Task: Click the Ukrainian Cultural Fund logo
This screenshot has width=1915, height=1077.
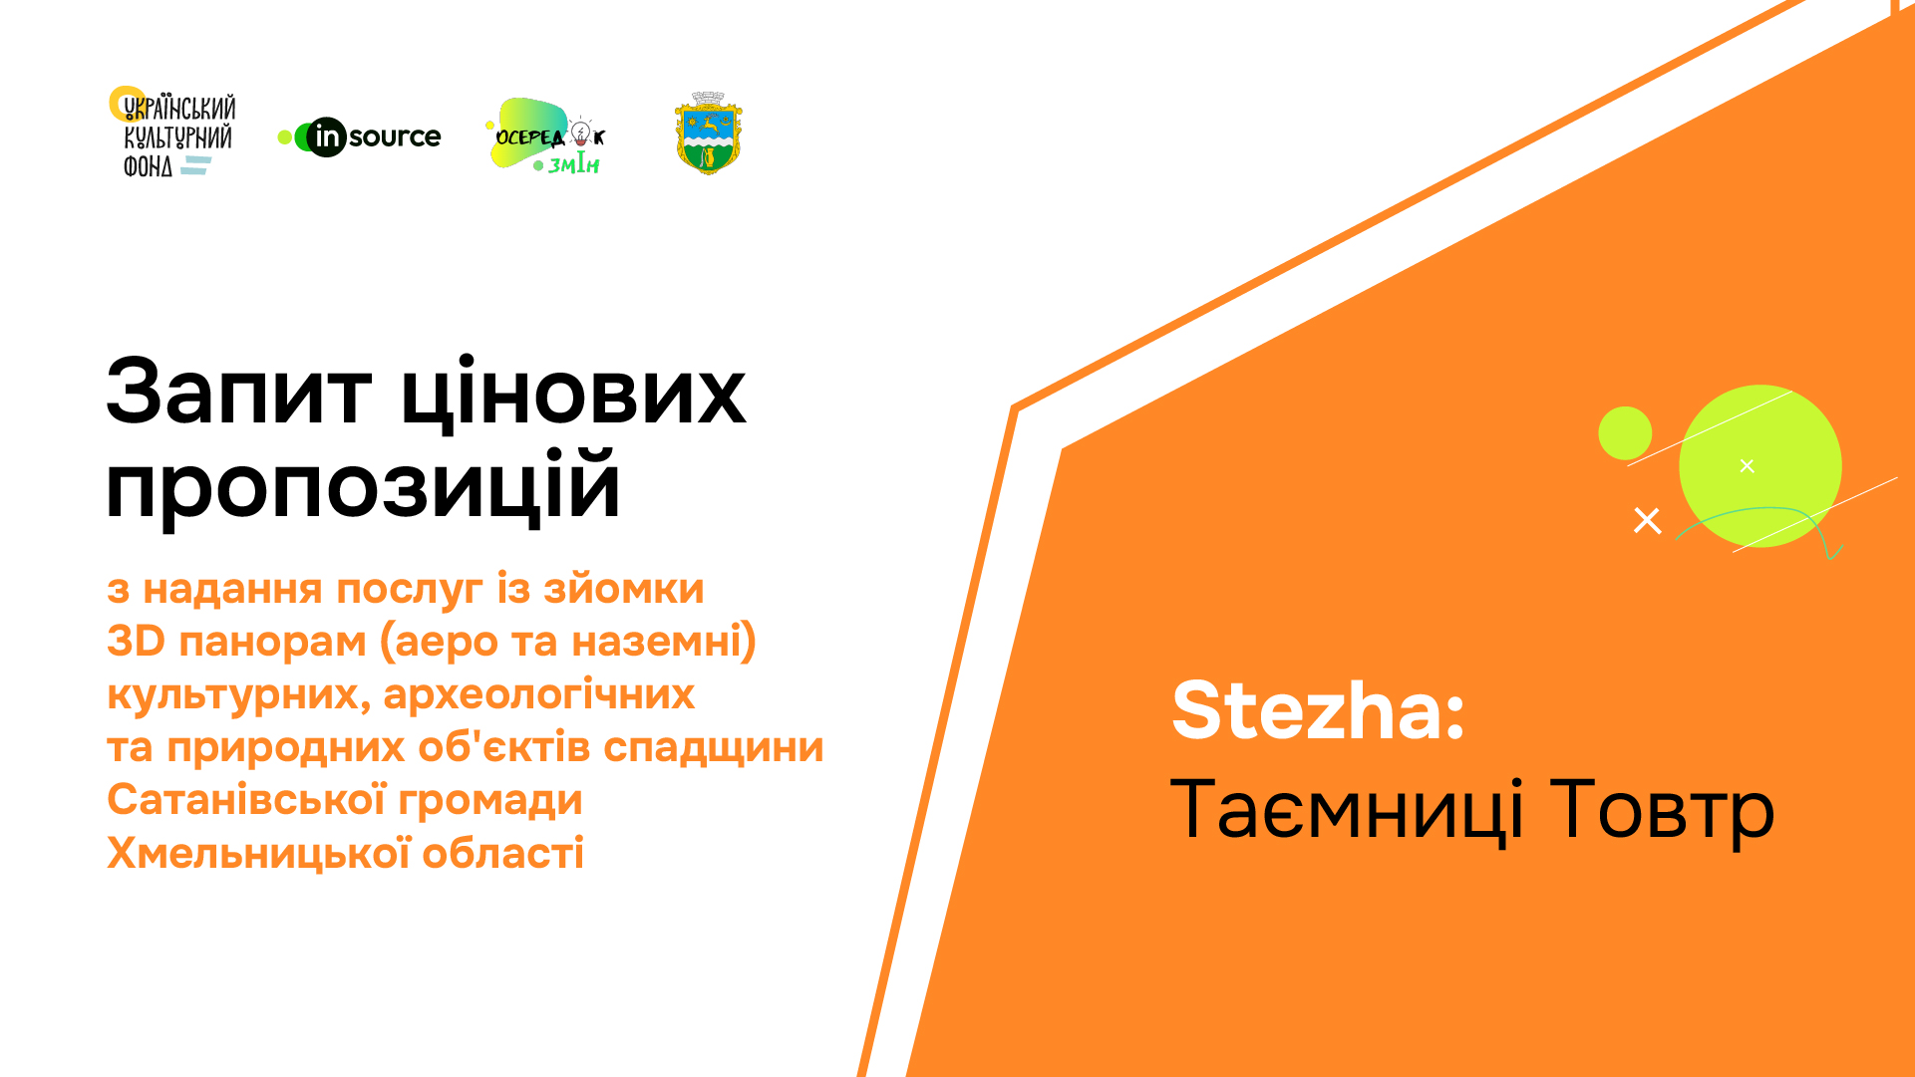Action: pyautogui.click(x=172, y=132)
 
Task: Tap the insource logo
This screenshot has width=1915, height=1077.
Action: pyautogui.click(x=359, y=136)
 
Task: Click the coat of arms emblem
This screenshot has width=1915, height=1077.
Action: pyautogui.click(x=709, y=134)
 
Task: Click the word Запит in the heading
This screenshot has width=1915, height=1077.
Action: pyautogui.click(x=239, y=393)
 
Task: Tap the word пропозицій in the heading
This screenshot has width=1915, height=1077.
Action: pyautogui.click(x=363, y=486)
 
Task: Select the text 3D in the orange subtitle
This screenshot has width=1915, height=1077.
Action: pyautogui.click(x=136, y=641)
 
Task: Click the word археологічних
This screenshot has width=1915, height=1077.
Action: pyautogui.click(x=538, y=694)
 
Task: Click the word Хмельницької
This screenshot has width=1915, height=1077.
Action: pyautogui.click(x=258, y=853)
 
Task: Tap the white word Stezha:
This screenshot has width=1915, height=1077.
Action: pyautogui.click(x=1318, y=710)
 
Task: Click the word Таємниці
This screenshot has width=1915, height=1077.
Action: pyautogui.click(x=1347, y=809)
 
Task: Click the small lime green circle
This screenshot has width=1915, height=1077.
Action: pyautogui.click(x=1625, y=433)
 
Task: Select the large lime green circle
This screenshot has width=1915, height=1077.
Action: pyautogui.click(x=1760, y=465)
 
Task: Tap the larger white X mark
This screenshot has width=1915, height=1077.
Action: pyautogui.click(x=1648, y=520)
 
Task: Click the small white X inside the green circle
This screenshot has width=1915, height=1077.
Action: pyautogui.click(x=1747, y=465)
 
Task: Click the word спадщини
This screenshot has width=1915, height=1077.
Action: pyautogui.click(x=713, y=748)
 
